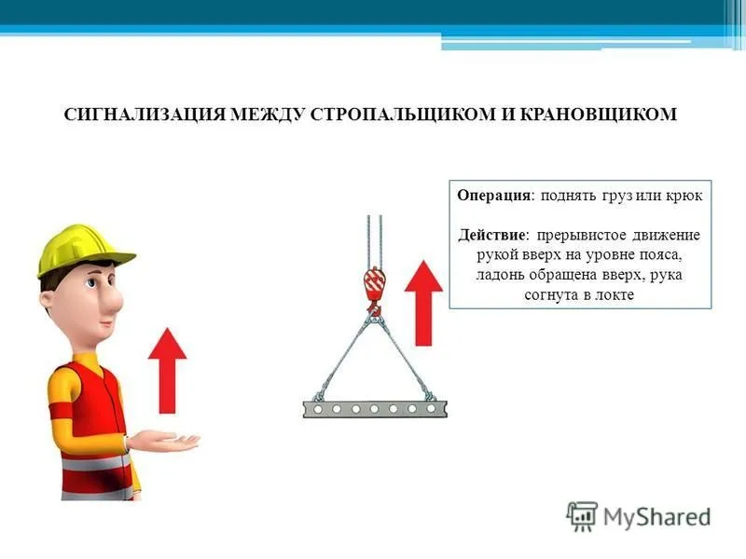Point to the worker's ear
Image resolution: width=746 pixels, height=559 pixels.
[x=48, y=299]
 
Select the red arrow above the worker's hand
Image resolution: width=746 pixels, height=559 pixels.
[x=168, y=371]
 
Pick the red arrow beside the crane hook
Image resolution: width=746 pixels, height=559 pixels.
[x=423, y=303]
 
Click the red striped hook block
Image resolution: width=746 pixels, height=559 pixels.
[x=374, y=284]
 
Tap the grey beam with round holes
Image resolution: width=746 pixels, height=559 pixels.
[x=375, y=409]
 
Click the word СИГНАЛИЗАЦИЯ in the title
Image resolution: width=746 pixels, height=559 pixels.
[x=145, y=115]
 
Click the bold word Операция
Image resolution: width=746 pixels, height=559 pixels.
[x=493, y=196]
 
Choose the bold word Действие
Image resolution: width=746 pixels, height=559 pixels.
[x=492, y=236]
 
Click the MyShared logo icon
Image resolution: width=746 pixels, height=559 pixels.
[x=581, y=516]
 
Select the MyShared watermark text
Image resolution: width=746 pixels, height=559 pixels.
[x=657, y=517]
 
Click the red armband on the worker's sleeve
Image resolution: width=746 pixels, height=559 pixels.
[x=62, y=411]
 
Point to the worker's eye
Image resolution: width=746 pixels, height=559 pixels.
[x=91, y=283]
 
